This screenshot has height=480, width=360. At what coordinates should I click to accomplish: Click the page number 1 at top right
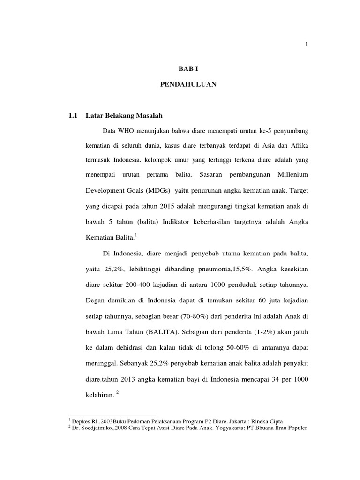click(x=306, y=45)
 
